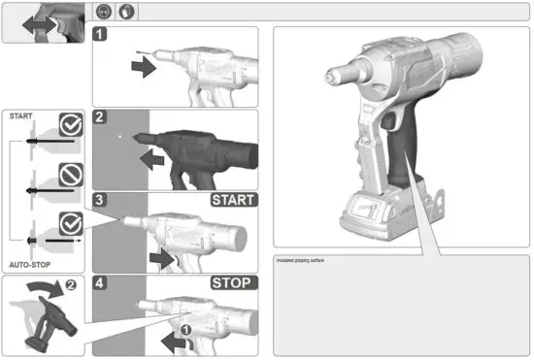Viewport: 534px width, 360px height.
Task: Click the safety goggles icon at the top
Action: (104, 13)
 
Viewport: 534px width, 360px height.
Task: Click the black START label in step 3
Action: (234, 201)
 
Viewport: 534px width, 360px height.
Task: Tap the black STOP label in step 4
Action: (234, 283)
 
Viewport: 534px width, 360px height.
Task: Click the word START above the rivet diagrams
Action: (20, 115)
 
